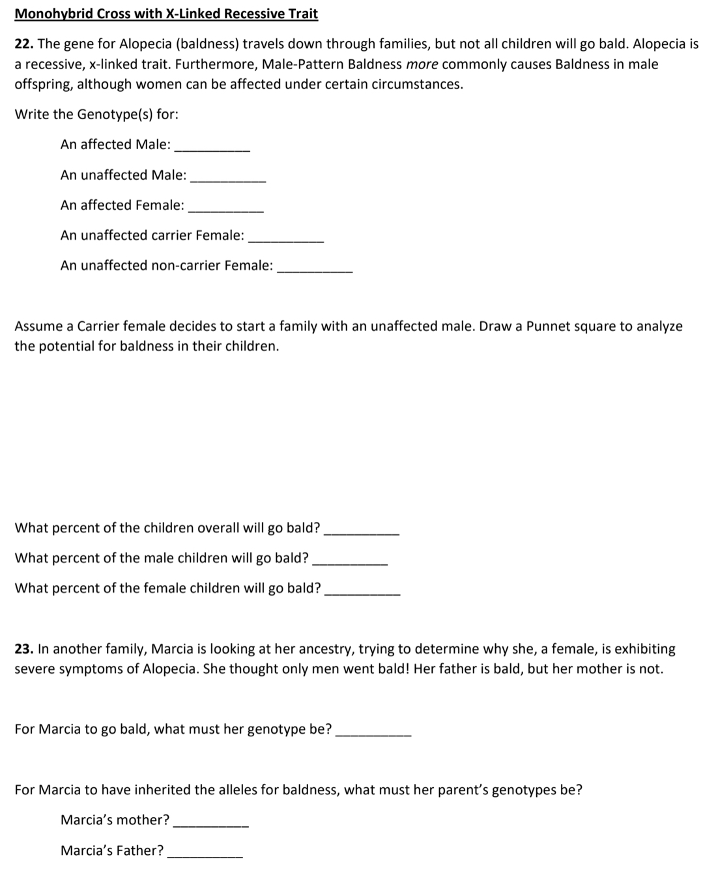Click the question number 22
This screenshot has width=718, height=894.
click(24, 44)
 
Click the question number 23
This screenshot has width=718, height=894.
click(24, 649)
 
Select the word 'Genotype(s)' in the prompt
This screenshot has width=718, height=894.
click(115, 115)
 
